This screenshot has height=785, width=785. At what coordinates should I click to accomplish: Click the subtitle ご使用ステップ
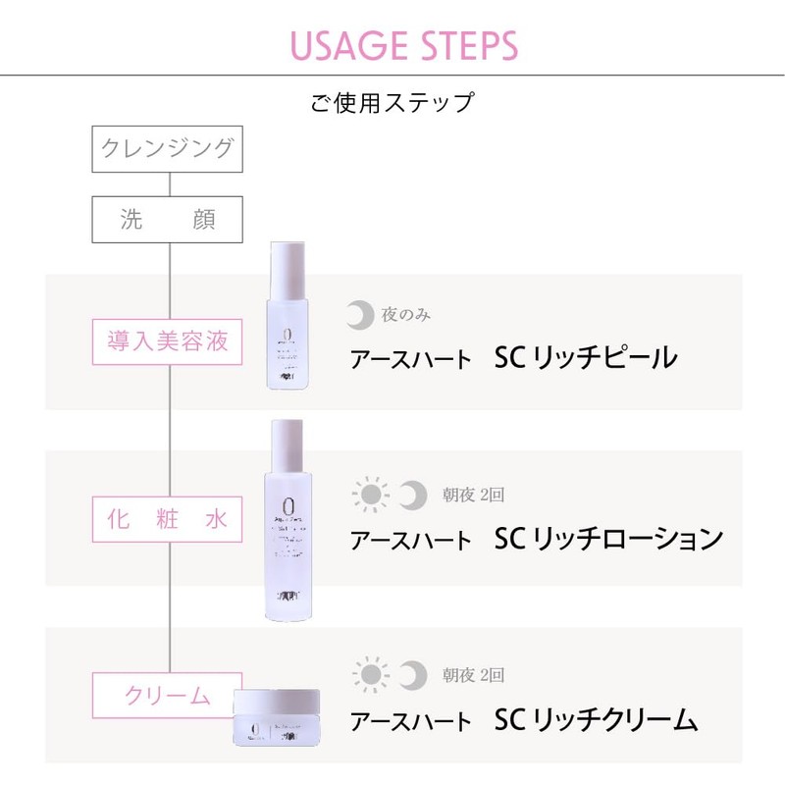pyautogui.click(x=392, y=101)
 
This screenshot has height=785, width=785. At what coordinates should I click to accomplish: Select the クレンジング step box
pyautogui.click(x=167, y=149)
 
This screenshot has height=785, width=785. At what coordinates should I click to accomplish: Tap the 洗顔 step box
pyautogui.click(x=167, y=220)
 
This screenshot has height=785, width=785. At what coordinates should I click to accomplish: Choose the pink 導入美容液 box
pyautogui.click(x=167, y=341)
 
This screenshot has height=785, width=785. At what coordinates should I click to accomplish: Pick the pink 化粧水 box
pyautogui.click(x=167, y=519)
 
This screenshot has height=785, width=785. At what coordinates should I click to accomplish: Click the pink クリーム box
pyautogui.click(x=167, y=696)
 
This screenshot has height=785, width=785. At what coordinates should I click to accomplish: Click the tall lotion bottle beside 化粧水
pyautogui.click(x=288, y=520)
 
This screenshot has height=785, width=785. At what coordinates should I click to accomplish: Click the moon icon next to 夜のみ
pyautogui.click(x=361, y=315)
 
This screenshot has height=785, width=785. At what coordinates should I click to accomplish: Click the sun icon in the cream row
pyautogui.click(x=369, y=675)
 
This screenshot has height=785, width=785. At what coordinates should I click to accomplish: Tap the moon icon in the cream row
pyautogui.click(x=414, y=675)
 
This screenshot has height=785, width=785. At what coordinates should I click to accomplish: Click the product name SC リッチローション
pyautogui.click(x=608, y=539)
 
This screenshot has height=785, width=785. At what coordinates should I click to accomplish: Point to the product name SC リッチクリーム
pyautogui.click(x=597, y=719)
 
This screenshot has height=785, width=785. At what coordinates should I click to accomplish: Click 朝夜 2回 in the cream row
pyautogui.click(x=472, y=675)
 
